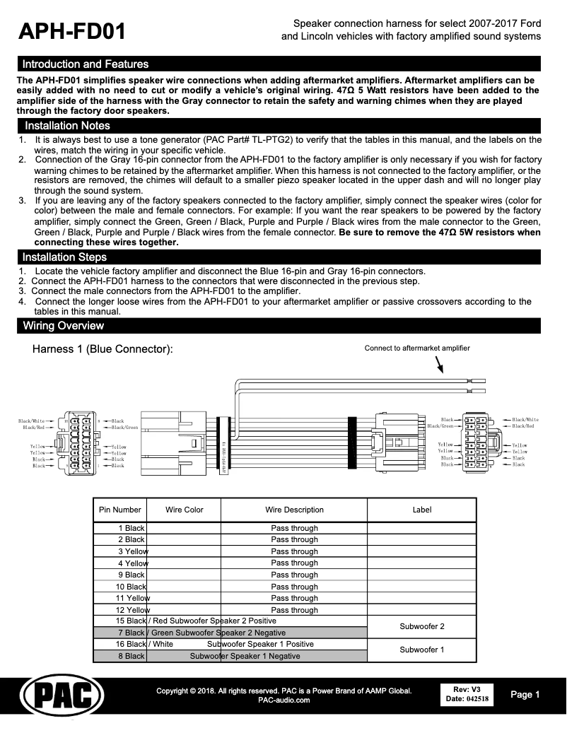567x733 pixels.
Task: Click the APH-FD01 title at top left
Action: point(71,31)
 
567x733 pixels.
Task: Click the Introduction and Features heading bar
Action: point(86,64)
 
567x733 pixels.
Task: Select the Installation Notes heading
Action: point(67,126)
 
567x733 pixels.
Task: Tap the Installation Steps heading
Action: point(64,257)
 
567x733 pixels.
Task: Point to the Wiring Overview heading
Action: point(63,326)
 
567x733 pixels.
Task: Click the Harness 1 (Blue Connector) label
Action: point(103,350)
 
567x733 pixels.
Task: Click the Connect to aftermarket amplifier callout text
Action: point(416,348)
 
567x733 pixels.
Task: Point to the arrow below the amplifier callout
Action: point(439,364)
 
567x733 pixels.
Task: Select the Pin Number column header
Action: point(120,510)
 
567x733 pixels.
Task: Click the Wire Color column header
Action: point(184,510)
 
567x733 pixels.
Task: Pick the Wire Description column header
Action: point(294,510)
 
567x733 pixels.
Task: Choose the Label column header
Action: point(421,510)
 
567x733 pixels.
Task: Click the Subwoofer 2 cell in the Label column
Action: point(421,627)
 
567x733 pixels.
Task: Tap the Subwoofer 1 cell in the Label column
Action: point(421,650)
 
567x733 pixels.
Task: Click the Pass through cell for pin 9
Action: point(294,575)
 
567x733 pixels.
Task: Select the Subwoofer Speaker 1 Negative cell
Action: point(245,657)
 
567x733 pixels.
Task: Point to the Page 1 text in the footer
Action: point(525,695)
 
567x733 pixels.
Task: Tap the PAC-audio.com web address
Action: point(283,700)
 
